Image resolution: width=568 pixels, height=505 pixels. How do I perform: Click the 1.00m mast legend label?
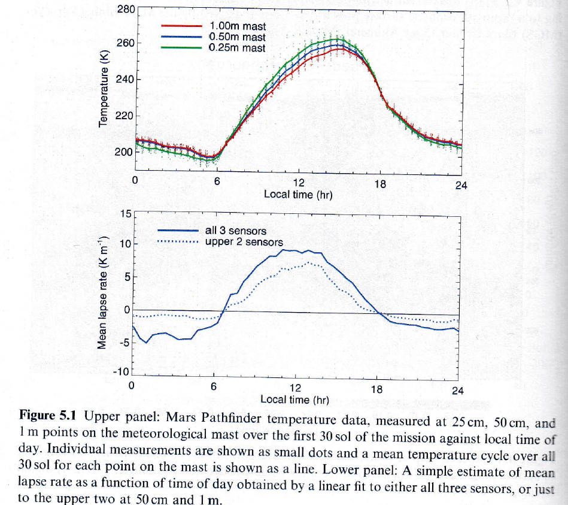coord(238,27)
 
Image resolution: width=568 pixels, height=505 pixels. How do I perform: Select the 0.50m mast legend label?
coord(238,38)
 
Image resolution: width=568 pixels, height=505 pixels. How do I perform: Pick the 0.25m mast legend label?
coord(238,48)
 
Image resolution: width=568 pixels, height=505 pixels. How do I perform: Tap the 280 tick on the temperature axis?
coord(125,9)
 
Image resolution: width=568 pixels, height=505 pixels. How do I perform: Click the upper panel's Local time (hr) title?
coord(298,194)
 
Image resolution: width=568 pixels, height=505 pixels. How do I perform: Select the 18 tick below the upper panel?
coord(379,185)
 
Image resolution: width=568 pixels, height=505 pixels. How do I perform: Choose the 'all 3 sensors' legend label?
coord(236,231)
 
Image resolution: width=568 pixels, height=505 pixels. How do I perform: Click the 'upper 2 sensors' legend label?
coord(244,242)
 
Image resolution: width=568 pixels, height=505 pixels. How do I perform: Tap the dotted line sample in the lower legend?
coord(177,242)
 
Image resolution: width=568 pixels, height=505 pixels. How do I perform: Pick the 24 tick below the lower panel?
coord(457,390)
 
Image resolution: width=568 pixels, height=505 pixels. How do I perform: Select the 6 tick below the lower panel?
coord(213,386)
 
